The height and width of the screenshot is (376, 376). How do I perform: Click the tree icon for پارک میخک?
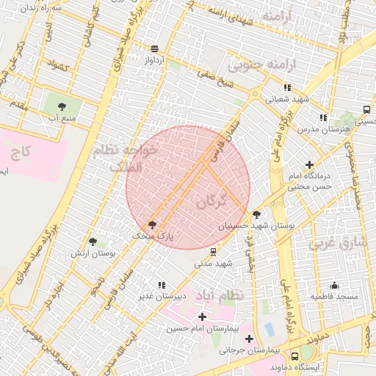(x=152, y=225)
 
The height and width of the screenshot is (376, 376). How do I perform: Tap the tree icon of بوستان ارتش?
(x=93, y=241)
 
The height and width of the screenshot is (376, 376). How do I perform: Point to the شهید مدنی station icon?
(x=213, y=252)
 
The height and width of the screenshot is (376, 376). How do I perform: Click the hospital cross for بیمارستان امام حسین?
(x=203, y=317)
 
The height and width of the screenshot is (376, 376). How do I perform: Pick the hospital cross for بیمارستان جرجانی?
(x=250, y=339)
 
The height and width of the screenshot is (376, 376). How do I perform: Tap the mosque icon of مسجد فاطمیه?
(x=334, y=286)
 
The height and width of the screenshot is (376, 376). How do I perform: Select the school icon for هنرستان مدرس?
(x=323, y=117)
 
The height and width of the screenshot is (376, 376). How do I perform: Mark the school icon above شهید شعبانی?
(x=287, y=87)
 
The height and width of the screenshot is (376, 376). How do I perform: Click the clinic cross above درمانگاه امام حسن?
(x=309, y=165)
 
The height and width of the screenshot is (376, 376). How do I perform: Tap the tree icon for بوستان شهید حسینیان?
(x=256, y=214)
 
